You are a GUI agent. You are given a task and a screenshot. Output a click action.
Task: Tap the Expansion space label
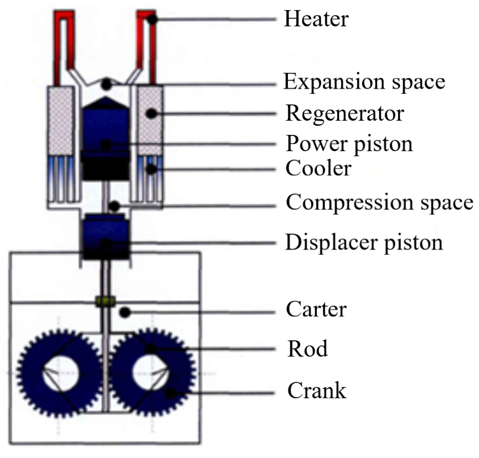point(364,82)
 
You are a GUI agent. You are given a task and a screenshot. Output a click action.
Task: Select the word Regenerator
point(345,114)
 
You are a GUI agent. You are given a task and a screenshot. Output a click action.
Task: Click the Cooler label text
point(318,168)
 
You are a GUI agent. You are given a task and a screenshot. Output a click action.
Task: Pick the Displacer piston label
point(364,243)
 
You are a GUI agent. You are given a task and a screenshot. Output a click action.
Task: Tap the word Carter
point(316,309)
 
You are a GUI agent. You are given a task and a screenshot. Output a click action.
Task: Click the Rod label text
point(307,349)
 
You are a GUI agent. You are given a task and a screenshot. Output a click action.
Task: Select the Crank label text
point(317,390)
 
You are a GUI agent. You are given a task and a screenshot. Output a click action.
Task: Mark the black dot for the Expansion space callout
point(107,84)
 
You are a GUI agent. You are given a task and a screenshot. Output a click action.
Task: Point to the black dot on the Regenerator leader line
point(151,114)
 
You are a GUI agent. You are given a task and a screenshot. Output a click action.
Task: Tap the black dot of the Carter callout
point(125,313)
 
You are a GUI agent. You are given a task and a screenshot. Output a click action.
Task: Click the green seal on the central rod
point(105,301)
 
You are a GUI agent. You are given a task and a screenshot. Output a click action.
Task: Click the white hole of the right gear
point(150,373)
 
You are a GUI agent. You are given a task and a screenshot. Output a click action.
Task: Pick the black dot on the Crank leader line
point(170,393)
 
